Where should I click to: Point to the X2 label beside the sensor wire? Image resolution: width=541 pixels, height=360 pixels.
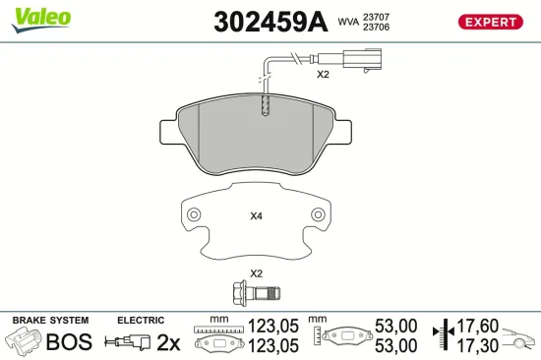click(x=322, y=75)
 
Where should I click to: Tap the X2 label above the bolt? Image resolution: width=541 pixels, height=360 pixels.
click(x=256, y=272)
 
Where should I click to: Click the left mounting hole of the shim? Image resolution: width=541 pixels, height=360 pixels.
click(x=194, y=213)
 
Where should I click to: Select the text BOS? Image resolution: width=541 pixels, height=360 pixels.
click(x=69, y=341)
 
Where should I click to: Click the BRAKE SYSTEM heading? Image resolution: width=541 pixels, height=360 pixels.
click(x=49, y=320)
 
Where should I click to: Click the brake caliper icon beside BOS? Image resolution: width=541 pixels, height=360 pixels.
click(x=24, y=341)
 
